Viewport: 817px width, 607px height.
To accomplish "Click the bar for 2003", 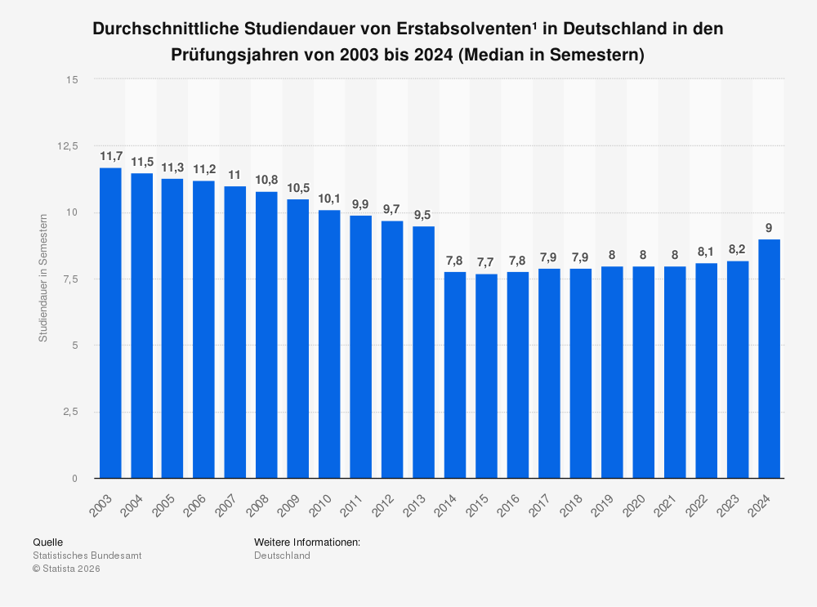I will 110,323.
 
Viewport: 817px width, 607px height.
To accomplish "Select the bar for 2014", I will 455,375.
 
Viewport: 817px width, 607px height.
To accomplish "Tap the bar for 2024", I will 769,359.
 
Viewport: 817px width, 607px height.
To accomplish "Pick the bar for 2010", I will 329,344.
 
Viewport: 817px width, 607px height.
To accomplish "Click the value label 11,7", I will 110,156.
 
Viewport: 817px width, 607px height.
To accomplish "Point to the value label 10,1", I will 329,199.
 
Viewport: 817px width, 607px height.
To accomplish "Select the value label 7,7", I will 486,262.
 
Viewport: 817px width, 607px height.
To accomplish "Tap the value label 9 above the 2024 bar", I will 769,228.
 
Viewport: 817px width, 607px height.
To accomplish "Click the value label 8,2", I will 738,249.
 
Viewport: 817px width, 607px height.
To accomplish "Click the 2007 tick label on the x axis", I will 230,499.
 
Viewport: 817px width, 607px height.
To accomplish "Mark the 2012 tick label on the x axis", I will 386,499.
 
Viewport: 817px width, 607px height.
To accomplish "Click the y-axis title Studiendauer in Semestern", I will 43,277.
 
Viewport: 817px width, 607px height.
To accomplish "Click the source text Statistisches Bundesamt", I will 87,556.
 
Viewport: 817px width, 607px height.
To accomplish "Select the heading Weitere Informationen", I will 307,542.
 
